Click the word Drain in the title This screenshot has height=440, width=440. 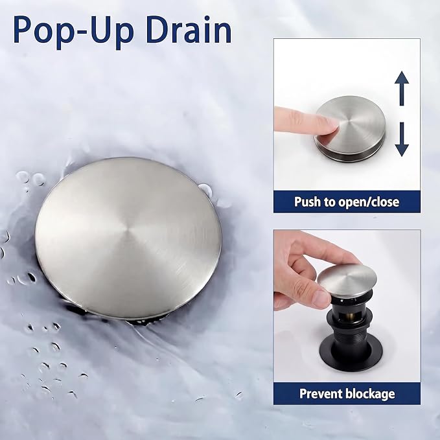pos(188,30)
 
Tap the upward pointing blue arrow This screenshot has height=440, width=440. pos(402,88)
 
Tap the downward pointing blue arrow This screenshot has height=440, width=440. pos(402,139)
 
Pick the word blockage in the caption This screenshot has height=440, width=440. pos(371,394)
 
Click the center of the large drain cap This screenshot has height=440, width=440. pos(128,238)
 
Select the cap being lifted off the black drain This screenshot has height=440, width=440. pos(347,281)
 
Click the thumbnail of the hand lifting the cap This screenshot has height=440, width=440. pos(347,306)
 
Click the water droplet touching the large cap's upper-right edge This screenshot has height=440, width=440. pos(205,191)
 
